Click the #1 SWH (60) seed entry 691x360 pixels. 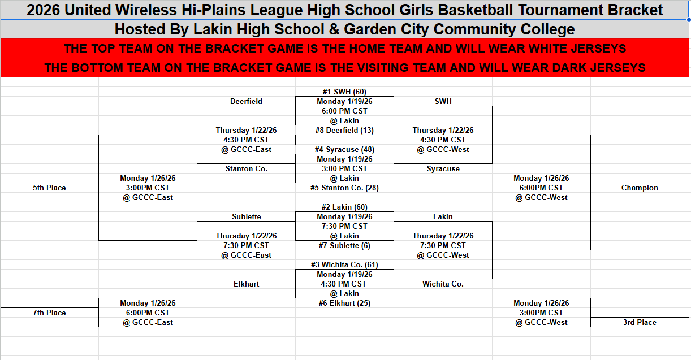[344, 92]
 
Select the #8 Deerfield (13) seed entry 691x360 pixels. [344, 130]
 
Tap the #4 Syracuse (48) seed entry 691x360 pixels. [344, 150]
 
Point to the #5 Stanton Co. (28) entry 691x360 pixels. [344, 188]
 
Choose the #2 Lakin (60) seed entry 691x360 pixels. [344, 207]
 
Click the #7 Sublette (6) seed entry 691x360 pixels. [344, 245]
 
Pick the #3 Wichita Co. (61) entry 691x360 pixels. [344, 264]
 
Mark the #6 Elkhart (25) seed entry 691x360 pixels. [344, 303]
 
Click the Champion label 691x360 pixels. [640, 188]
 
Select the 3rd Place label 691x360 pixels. [640, 322]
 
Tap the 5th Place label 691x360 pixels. [49, 188]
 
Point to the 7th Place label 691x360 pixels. [49, 313]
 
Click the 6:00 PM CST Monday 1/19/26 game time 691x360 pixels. [344, 111]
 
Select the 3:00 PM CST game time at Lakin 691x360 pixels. [344, 168]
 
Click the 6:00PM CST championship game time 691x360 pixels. [541, 188]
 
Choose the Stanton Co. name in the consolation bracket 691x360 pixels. [246, 168]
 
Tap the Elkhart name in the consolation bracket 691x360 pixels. [246, 284]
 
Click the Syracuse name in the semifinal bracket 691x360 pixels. [443, 168]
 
